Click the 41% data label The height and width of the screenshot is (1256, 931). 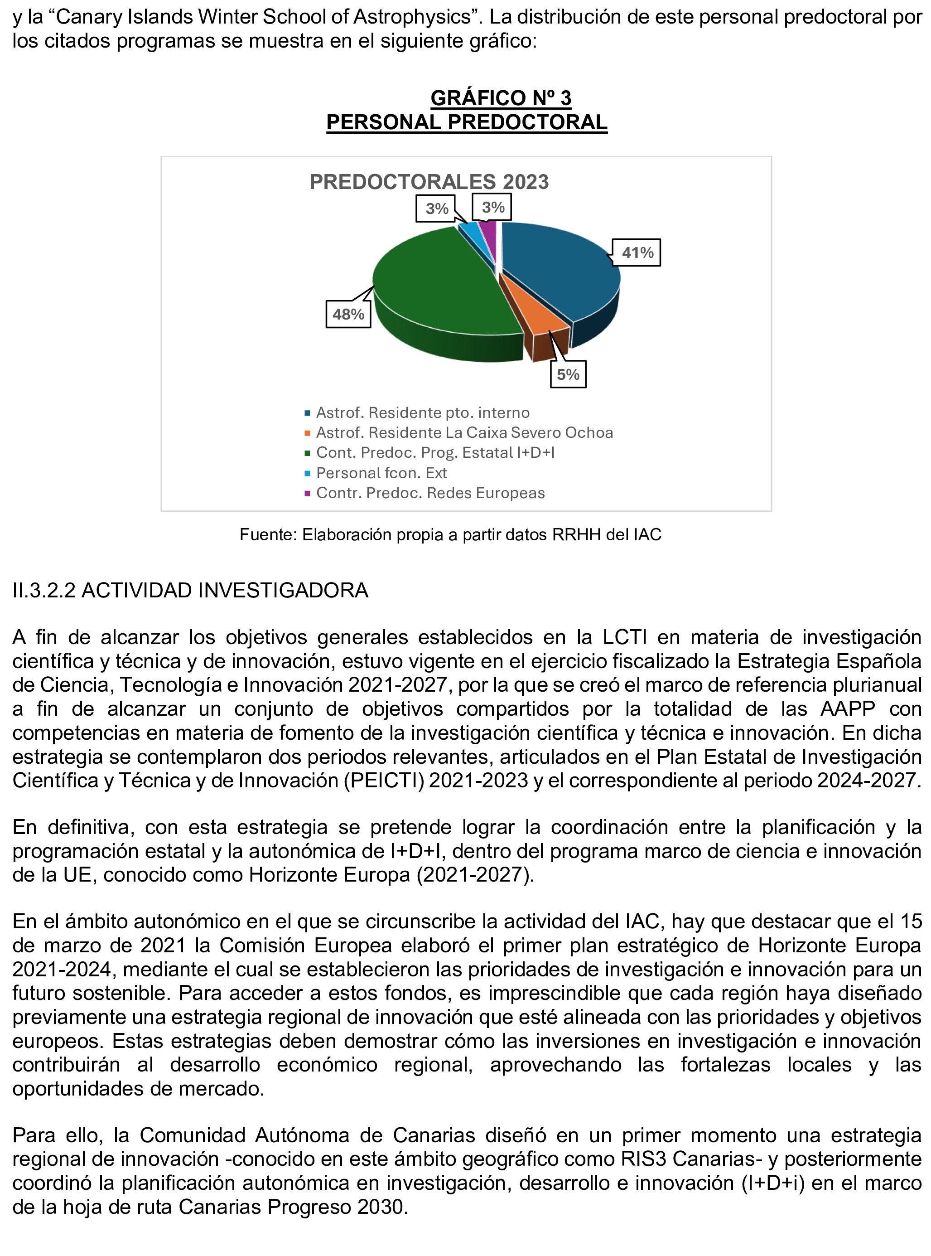637,252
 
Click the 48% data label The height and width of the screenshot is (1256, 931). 348,314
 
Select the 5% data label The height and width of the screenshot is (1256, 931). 568,374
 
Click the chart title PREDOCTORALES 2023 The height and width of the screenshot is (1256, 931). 429,182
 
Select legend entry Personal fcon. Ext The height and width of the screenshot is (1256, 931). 381,472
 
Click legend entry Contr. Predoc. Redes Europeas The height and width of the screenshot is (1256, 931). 430,493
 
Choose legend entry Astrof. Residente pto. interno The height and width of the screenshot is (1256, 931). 423,412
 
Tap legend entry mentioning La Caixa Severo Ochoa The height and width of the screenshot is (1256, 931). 464,432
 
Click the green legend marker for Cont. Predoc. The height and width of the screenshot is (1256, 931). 307,453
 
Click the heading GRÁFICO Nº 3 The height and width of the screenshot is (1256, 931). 501,98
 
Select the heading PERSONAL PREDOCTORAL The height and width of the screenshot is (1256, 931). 467,122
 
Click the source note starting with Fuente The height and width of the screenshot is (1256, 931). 450,534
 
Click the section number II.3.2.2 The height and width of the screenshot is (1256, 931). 44,590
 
